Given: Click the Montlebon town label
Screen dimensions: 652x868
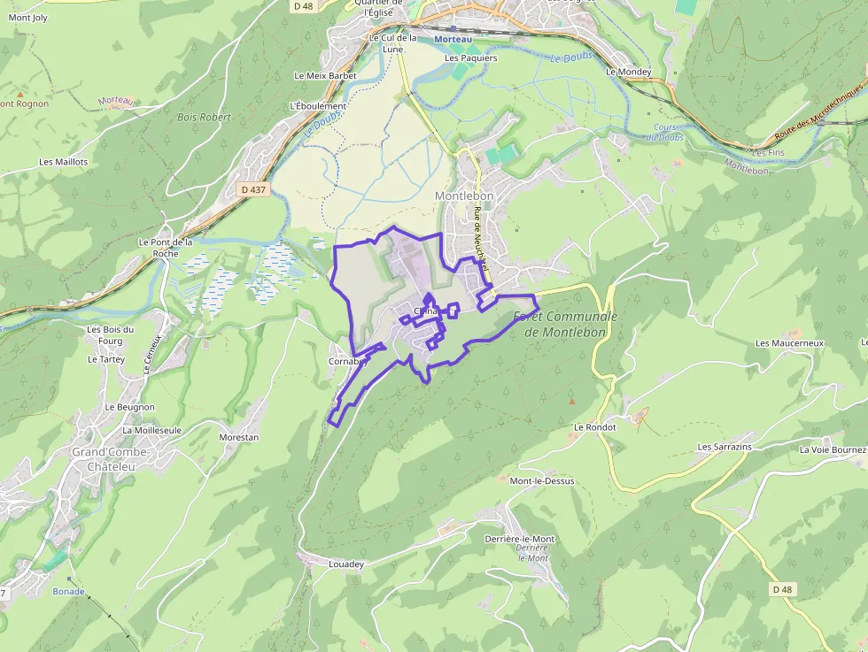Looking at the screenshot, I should [463, 196].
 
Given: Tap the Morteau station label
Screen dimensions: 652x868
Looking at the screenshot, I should [453, 40].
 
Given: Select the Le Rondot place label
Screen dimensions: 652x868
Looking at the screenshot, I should [594, 426].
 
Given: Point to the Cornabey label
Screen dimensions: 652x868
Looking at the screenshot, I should [348, 361].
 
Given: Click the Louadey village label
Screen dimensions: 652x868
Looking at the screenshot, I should [346, 564].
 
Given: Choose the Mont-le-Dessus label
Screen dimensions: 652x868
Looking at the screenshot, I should [542, 481].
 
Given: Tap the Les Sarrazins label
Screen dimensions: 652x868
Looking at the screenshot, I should [725, 447].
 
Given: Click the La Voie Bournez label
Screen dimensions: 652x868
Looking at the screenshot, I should [833, 449].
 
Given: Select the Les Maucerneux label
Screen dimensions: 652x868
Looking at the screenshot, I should [789, 342].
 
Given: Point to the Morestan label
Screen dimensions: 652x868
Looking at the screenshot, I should [239, 437].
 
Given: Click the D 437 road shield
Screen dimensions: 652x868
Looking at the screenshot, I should [252, 189].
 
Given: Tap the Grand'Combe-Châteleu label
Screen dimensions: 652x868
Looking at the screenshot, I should [111, 458].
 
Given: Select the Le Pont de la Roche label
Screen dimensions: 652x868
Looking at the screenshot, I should [166, 247].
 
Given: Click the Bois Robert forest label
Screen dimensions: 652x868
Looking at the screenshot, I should [204, 117].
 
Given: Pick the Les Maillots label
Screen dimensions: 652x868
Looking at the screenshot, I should [64, 162].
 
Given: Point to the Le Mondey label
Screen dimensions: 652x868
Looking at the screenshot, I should [629, 72].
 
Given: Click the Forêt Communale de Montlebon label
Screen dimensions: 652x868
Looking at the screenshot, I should [565, 324].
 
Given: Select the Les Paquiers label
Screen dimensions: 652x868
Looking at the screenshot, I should [471, 58].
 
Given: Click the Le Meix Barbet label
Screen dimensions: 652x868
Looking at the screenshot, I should [325, 76].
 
